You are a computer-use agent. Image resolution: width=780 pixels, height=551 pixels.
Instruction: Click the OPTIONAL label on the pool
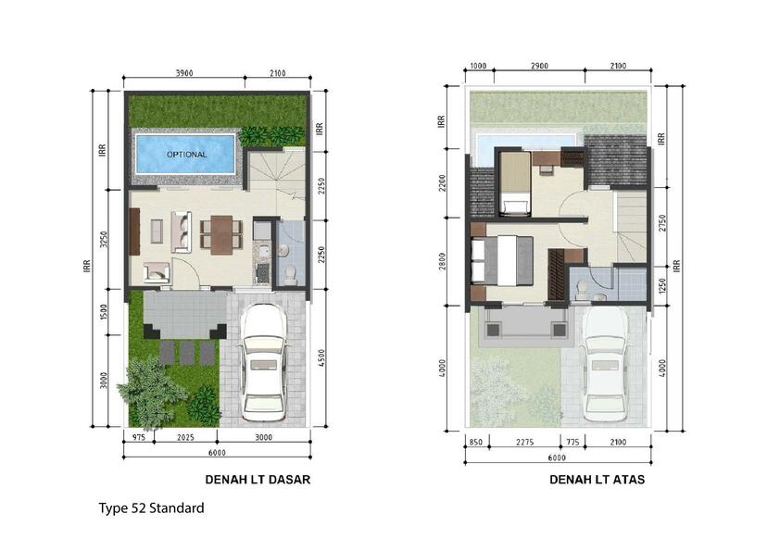(x=186, y=155)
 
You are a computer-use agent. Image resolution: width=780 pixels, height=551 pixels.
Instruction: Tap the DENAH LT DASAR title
(x=258, y=480)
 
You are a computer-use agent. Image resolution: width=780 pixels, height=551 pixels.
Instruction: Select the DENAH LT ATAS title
(x=597, y=480)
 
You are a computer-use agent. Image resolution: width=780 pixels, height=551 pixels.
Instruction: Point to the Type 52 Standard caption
(x=151, y=508)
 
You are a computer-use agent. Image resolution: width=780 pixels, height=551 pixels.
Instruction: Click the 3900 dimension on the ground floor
(x=184, y=73)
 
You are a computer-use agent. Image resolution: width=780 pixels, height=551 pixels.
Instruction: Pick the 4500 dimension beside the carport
(x=321, y=357)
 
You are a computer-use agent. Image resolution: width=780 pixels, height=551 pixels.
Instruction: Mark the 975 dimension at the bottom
(x=139, y=438)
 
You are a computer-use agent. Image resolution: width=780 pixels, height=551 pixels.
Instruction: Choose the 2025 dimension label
(x=185, y=438)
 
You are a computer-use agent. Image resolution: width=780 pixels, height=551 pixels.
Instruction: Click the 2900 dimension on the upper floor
(x=539, y=66)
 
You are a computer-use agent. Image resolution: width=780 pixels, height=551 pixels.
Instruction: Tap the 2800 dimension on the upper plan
(x=442, y=261)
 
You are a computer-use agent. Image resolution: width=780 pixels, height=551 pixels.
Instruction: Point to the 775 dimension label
(x=572, y=442)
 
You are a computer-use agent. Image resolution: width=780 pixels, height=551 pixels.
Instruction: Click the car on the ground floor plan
(x=263, y=362)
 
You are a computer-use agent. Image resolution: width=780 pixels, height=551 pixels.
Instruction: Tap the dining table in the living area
(x=221, y=234)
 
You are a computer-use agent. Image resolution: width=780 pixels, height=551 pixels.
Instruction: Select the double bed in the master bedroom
(x=502, y=261)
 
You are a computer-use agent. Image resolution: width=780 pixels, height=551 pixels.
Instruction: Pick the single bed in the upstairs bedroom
(x=515, y=183)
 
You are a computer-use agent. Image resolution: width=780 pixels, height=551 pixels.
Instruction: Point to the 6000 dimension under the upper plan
(x=557, y=458)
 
